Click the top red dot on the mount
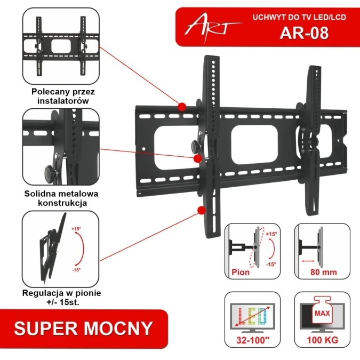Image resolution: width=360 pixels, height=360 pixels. click(182, 107)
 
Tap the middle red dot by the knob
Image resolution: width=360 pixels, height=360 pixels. click(197, 158)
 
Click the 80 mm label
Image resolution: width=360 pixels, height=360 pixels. click(323, 271)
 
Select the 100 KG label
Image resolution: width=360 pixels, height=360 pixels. click(323, 339)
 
